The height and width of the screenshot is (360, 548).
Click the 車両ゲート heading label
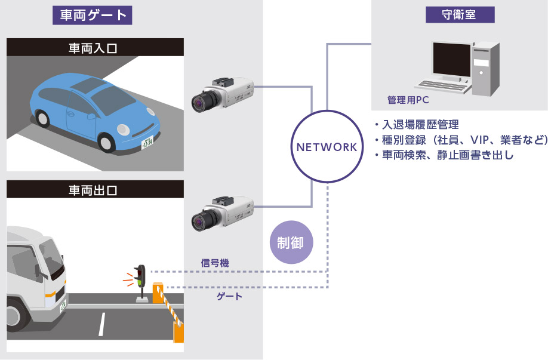pos(92,15)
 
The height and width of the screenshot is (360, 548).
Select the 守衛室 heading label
pos(459,15)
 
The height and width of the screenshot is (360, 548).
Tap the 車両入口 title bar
pos(95,47)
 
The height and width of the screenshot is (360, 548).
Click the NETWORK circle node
pos(327,146)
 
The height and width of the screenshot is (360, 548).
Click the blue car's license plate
pos(147,143)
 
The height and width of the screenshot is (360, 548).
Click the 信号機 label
pos(215,263)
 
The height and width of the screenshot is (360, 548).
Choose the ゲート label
pos(229,296)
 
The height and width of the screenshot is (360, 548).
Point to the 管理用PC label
pos(408,100)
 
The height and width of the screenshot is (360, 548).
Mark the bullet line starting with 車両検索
pos(444,156)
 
